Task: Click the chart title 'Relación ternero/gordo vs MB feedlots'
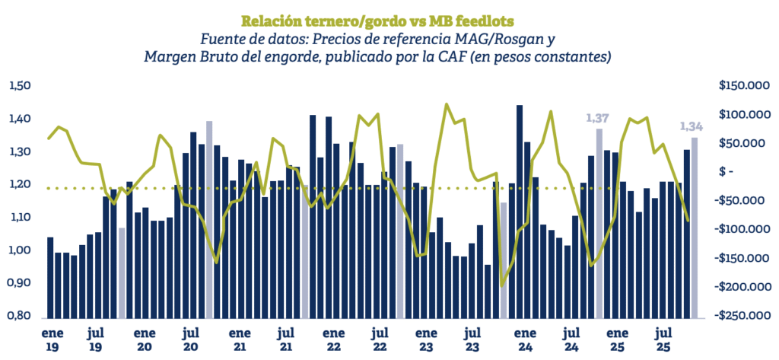[x=377, y=21]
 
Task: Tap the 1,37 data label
[x=598, y=118]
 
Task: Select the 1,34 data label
[x=691, y=127]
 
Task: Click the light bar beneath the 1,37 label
[x=599, y=223]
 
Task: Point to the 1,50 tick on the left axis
[x=20, y=86]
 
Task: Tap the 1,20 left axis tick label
[x=20, y=184]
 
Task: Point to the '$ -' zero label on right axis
[x=727, y=172]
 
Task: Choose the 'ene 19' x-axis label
[x=49, y=339]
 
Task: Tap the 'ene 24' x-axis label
[x=525, y=339]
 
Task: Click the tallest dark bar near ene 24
[x=520, y=212]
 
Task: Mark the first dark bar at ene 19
[x=50, y=278]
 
